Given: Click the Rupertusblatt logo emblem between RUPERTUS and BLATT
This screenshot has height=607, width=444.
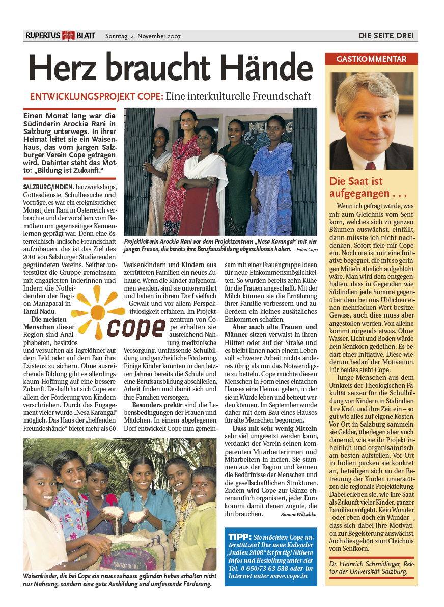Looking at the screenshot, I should (x=68, y=36).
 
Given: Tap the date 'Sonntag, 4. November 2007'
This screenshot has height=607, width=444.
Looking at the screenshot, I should (x=143, y=36).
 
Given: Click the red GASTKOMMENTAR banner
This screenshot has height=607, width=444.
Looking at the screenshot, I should (x=371, y=59).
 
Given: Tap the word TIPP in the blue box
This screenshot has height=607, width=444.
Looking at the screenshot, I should (x=240, y=537).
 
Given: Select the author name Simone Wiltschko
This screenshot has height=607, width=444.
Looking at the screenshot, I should (x=299, y=515).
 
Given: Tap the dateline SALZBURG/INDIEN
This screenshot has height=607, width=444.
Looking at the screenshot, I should (x=48, y=187).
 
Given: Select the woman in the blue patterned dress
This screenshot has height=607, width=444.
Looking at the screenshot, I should (x=274, y=173).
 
